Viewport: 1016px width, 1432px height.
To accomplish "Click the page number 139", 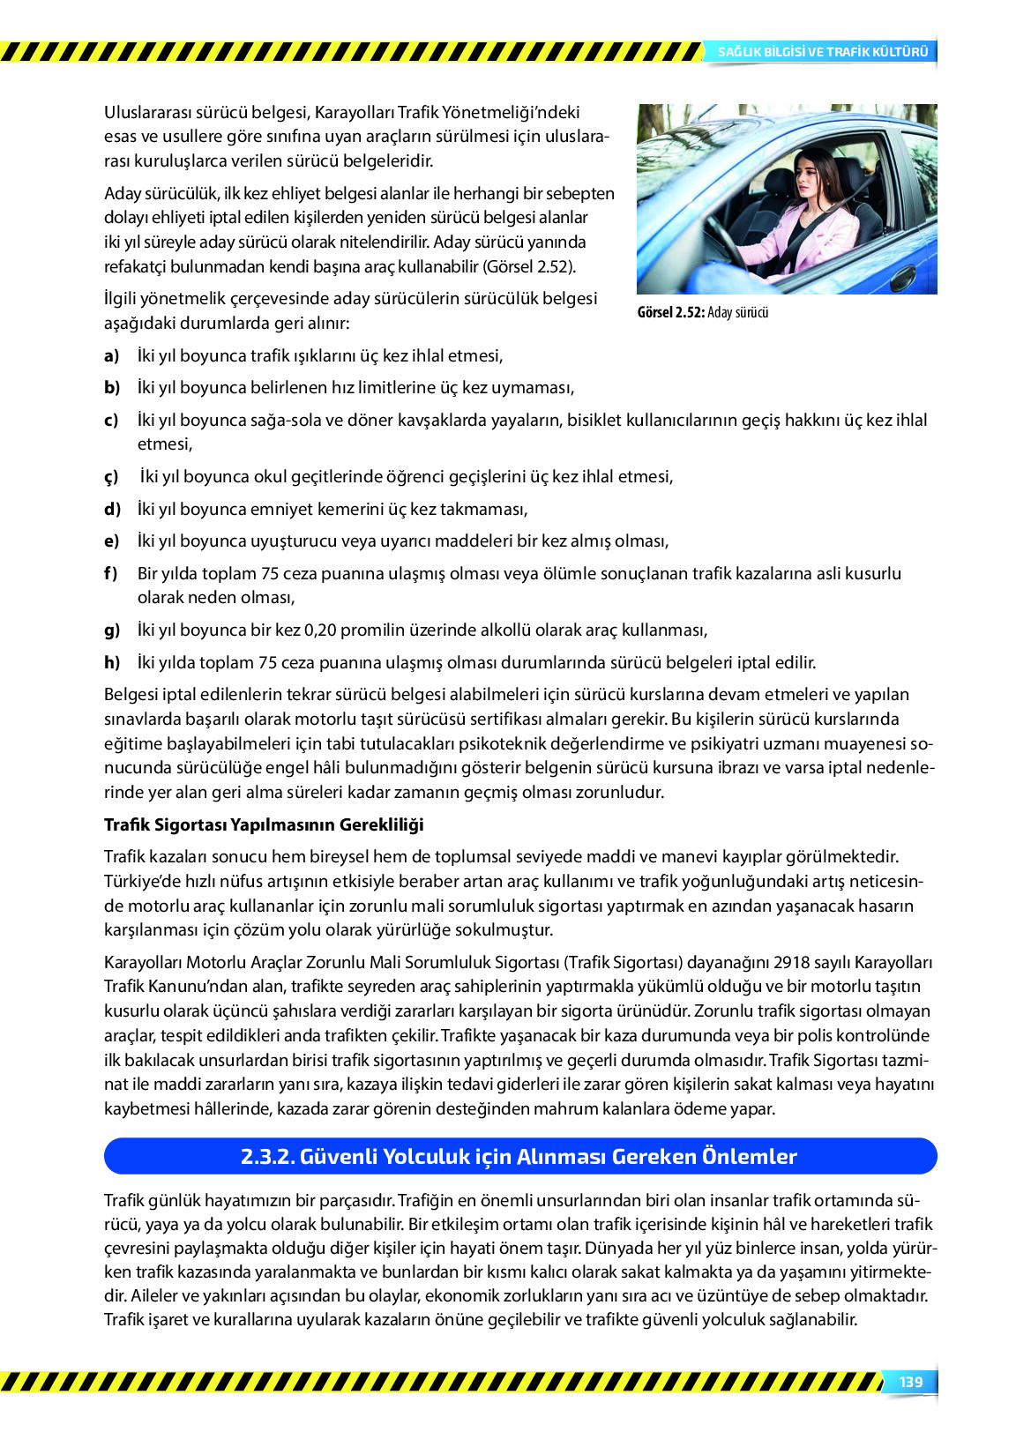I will [x=910, y=1382].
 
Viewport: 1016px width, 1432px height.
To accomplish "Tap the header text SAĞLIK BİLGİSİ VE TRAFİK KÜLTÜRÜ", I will [x=822, y=52].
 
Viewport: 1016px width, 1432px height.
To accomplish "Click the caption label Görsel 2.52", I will [x=670, y=312].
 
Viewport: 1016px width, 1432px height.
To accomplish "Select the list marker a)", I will [x=111, y=356].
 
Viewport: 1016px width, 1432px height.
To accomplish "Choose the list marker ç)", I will [x=111, y=477].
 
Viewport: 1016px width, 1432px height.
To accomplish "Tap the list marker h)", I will [x=111, y=662].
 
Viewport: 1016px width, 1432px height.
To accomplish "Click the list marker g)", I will [x=111, y=630].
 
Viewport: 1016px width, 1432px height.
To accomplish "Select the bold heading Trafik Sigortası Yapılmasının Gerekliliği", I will [x=264, y=824].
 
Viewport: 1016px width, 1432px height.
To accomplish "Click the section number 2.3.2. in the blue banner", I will [x=267, y=1156].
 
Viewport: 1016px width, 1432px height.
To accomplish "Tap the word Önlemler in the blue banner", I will [x=749, y=1156].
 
